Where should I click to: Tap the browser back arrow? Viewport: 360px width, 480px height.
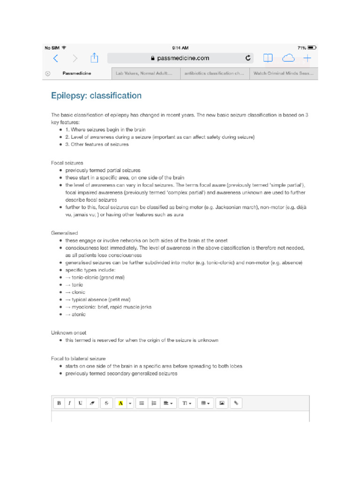[55, 58]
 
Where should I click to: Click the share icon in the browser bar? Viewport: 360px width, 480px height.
[94, 58]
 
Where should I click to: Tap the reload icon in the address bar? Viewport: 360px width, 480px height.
[248, 58]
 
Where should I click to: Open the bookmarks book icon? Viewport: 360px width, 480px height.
[268, 58]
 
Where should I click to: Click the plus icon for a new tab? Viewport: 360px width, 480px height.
[307, 58]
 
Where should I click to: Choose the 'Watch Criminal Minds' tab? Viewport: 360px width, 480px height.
[283, 74]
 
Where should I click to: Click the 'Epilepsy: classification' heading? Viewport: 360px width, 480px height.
[96, 96]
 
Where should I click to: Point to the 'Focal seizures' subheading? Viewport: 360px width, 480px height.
[67, 163]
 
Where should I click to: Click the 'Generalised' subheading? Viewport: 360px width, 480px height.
[64, 232]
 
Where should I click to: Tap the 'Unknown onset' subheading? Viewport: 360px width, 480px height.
[68, 332]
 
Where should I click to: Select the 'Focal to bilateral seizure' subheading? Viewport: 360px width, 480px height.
[78, 358]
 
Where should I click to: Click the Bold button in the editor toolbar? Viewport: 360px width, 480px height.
[59, 403]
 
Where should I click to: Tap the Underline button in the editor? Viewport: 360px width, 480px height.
[80, 403]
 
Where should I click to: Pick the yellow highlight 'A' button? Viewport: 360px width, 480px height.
[120, 403]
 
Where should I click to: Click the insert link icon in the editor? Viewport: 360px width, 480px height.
[236, 403]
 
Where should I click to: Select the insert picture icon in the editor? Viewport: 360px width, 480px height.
[222, 403]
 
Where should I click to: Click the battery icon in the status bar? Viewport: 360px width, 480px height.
[312, 48]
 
